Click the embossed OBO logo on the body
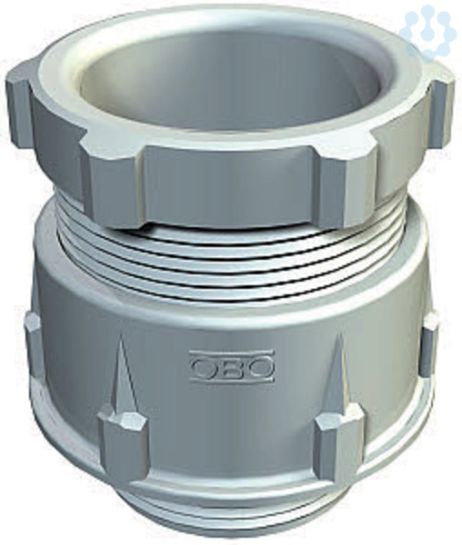(231, 367)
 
